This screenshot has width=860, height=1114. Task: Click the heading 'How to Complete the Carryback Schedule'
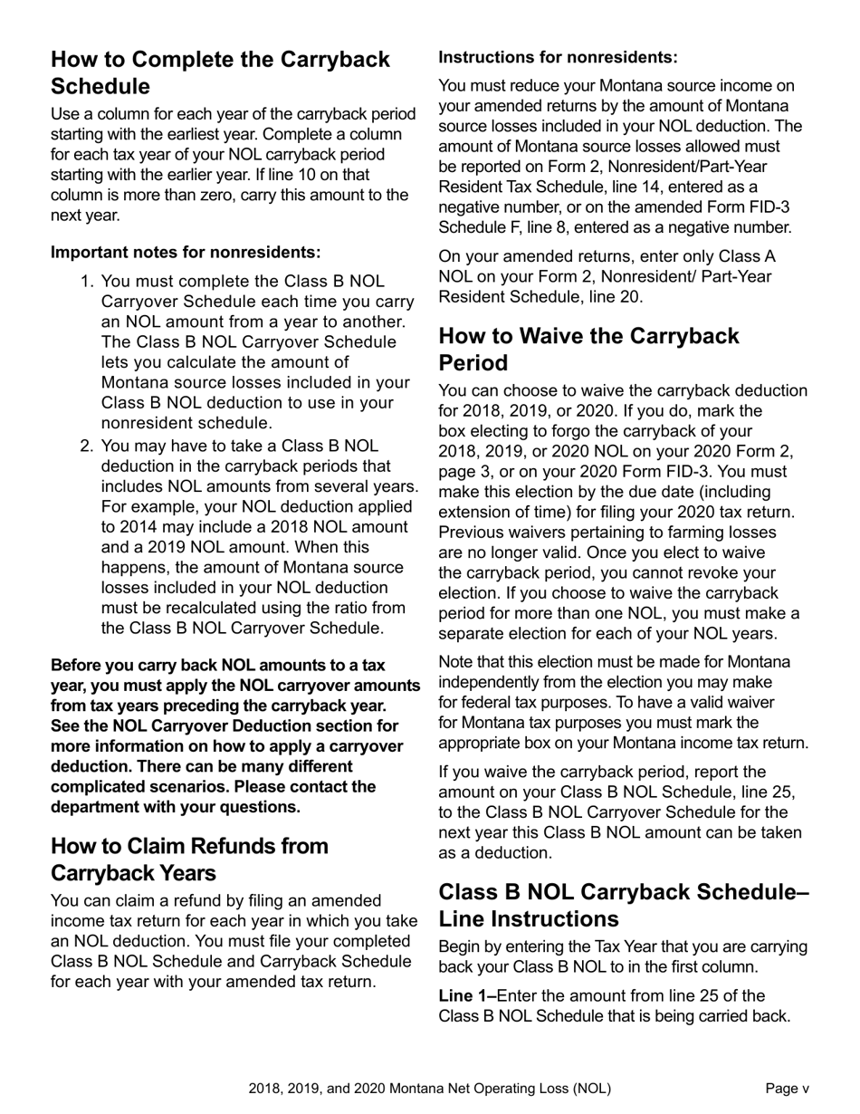coord(220,72)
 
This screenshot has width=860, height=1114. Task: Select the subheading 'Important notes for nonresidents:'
coord(186,252)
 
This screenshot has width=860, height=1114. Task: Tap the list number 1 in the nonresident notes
coord(87,282)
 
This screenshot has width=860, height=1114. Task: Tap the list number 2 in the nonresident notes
coord(87,446)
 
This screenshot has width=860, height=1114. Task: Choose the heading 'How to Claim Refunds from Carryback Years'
coord(189,859)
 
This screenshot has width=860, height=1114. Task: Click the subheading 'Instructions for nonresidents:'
coord(558,57)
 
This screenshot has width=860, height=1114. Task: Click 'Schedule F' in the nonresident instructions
coord(478,227)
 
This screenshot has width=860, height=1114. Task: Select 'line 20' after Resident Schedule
coord(624,297)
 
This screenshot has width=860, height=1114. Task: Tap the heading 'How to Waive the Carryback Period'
coord(588,349)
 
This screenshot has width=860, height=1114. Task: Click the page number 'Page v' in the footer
coord(787,1089)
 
